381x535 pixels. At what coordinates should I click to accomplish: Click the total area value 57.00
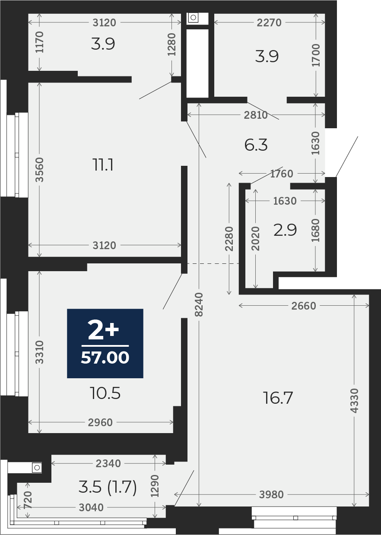(105, 358)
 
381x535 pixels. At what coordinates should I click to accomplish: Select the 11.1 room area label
(103, 165)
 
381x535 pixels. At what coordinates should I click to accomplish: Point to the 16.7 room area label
(278, 398)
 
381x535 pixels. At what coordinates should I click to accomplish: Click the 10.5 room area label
(105, 393)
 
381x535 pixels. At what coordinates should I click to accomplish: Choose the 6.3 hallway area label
(256, 145)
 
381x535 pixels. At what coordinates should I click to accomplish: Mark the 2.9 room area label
(285, 230)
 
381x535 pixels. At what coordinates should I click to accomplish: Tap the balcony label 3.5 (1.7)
(108, 487)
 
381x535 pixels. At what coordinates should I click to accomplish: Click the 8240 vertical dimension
(199, 305)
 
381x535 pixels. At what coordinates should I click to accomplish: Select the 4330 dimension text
(354, 401)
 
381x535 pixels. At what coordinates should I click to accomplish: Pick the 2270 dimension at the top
(269, 23)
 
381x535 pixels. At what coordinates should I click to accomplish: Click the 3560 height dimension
(39, 170)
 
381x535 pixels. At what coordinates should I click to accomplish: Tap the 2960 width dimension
(100, 422)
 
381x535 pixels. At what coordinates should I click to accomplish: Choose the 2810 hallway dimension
(256, 115)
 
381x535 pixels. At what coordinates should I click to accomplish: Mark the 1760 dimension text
(282, 174)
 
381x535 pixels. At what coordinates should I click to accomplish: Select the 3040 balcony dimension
(91, 507)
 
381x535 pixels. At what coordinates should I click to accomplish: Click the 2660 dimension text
(304, 306)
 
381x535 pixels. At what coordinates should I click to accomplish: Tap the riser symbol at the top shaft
(193, 17)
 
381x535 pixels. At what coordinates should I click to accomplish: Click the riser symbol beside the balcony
(37, 468)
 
